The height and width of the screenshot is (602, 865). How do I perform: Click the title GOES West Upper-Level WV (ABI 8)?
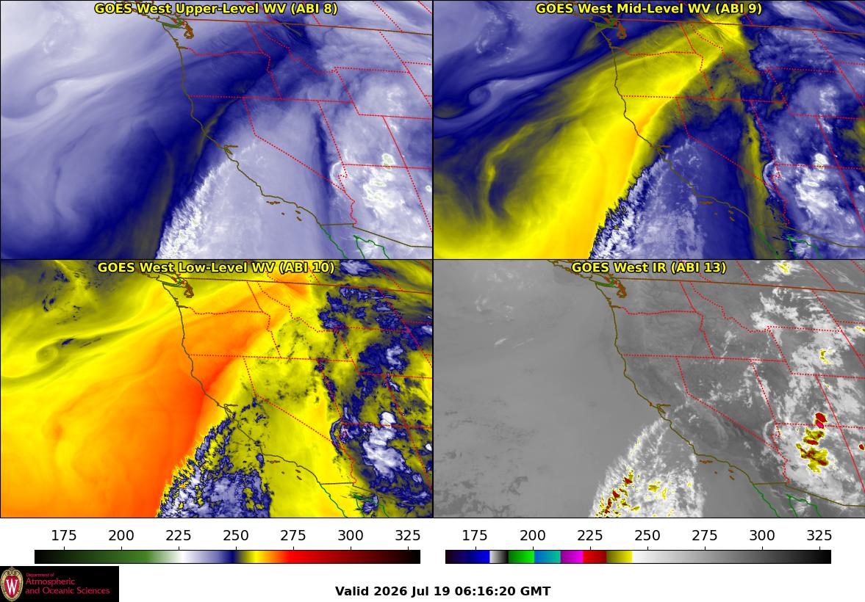215,8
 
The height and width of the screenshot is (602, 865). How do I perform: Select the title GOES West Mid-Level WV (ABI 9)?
649,8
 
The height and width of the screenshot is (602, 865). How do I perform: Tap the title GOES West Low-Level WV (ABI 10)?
215,267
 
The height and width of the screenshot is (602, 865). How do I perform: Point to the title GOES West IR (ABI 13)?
649,267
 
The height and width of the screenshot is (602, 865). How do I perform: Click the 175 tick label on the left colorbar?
64,535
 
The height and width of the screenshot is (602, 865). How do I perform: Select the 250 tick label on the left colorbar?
236,535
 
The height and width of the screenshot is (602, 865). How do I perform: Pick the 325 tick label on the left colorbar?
408,535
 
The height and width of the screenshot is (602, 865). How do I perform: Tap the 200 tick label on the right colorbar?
532,535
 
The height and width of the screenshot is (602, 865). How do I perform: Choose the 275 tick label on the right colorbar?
705,535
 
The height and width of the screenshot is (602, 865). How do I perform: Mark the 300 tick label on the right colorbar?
762,535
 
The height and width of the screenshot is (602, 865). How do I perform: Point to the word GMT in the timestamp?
536,592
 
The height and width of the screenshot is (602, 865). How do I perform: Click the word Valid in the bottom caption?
352,592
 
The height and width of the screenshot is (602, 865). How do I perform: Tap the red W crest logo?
12,584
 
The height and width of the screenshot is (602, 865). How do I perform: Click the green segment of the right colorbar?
521,556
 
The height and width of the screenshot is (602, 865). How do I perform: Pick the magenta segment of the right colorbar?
572,556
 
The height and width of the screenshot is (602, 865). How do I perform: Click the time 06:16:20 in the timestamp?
486,592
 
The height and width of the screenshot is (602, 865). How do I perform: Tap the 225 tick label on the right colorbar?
589,535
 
